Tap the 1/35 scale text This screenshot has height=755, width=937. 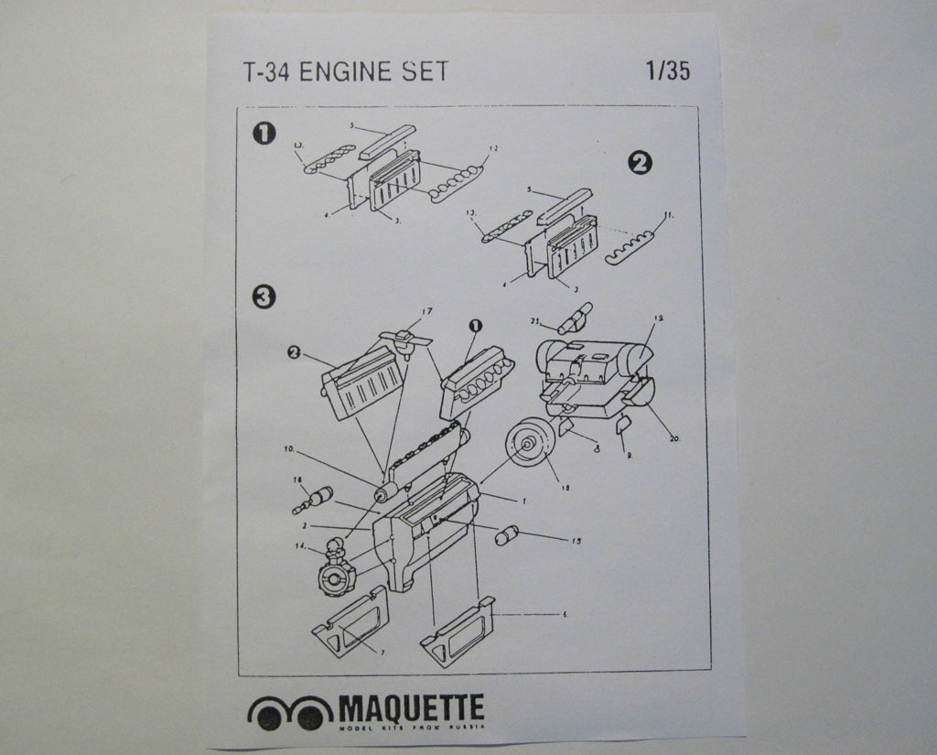point(667,70)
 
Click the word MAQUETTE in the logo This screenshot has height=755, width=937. point(411,707)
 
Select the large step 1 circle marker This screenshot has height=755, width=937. point(264,134)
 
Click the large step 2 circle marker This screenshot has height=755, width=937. point(640,163)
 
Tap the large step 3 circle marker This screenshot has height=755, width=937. point(264,297)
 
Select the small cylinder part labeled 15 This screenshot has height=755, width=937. point(506,535)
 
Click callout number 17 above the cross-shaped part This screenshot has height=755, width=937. point(426,312)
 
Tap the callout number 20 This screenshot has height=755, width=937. point(674,439)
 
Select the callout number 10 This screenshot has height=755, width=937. point(289,449)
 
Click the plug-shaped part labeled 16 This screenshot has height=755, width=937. point(313,500)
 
